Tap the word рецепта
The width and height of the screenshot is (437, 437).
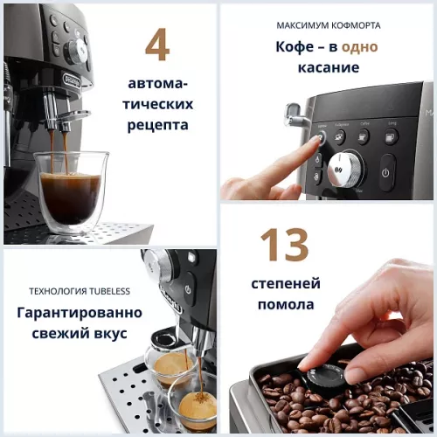pos(157,125)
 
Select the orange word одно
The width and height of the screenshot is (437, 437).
pos(359,46)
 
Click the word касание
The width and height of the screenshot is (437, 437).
pos(328,67)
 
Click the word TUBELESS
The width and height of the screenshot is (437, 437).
pos(105,291)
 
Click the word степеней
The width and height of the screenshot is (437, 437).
pos(286,283)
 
